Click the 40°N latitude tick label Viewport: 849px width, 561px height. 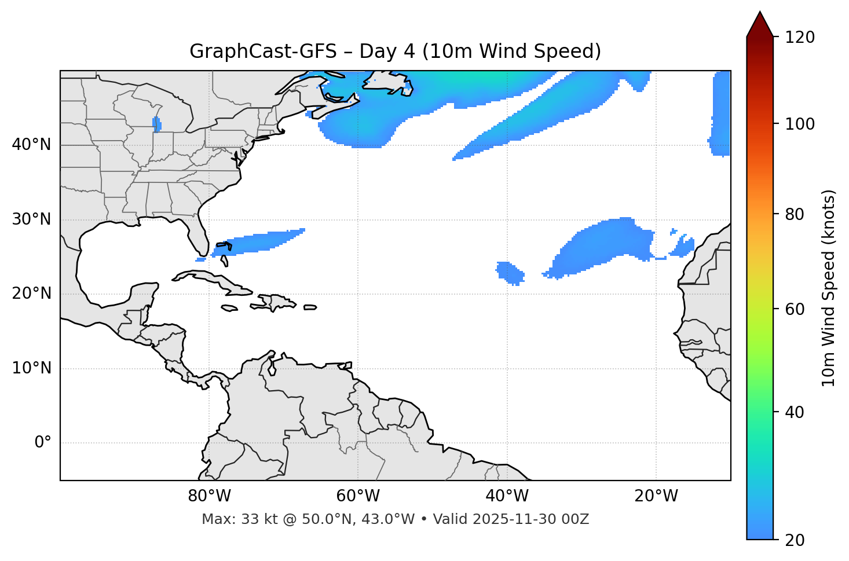(x=31, y=145)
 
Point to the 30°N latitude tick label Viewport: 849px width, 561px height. (x=31, y=219)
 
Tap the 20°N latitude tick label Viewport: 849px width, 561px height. (x=31, y=294)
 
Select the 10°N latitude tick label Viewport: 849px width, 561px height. (x=31, y=368)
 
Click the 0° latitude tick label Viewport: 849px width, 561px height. (x=43, y=443)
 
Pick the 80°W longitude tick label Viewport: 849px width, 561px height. (x=210, y=496)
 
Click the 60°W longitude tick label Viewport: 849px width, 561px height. (x=358, y=496)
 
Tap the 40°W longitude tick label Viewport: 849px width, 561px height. (x=507, y=496)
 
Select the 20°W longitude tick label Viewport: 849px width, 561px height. (x=656, y=496)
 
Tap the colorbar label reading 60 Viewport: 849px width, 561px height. (x=797, y=309)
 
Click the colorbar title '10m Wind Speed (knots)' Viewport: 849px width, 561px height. (x=829, y=288)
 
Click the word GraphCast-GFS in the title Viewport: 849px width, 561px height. (x=263, y=52)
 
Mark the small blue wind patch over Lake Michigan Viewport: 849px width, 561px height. (x=156, y=124)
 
